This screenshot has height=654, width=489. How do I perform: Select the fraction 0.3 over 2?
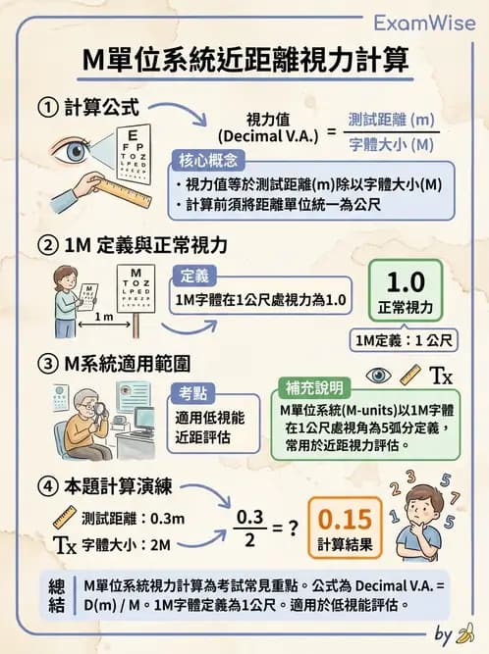[x=252, y=527]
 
